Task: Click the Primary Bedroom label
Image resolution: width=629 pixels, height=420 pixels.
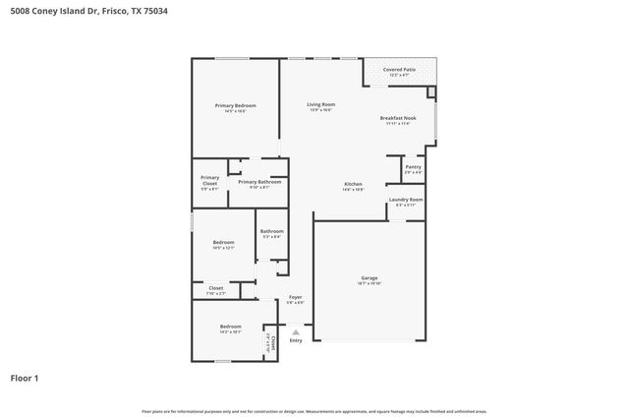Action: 236,105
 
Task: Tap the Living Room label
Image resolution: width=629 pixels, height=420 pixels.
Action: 320,104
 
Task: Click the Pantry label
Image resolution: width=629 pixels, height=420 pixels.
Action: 413,168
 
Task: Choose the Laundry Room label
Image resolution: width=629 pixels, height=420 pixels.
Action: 405,200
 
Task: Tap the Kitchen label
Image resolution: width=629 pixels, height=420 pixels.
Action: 353,185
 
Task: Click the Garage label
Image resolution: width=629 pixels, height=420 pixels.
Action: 369,278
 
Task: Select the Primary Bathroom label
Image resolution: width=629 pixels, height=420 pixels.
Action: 259,182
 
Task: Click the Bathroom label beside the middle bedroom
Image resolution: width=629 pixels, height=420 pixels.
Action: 271,231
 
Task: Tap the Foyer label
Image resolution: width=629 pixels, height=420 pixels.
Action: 295,298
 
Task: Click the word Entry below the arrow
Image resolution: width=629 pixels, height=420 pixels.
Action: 296,340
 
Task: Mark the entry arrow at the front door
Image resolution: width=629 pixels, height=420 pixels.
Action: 296,332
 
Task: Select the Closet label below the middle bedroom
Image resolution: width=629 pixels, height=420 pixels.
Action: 215,288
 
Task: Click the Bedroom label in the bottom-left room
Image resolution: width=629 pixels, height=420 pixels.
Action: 230,327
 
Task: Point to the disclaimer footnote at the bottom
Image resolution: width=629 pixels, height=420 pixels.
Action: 314,411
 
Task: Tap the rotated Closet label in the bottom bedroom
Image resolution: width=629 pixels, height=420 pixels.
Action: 270,340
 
